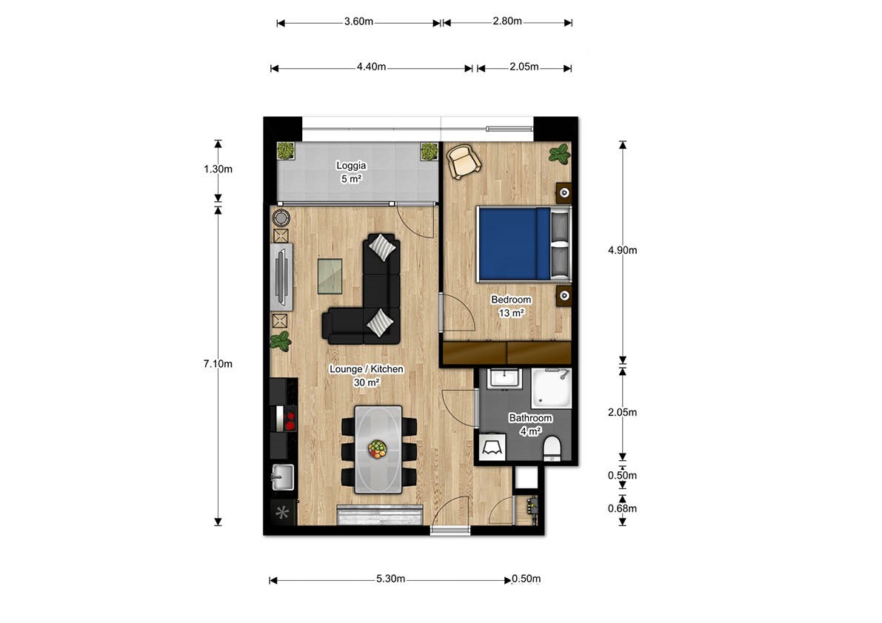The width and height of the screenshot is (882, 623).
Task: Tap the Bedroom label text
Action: (x=511, y=300)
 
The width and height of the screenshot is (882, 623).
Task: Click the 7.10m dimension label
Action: (x=218, y=364)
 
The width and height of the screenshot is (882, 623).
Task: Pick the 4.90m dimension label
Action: (x=622, y=250)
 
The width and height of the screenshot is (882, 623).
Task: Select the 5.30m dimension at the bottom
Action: (x=390, y=579)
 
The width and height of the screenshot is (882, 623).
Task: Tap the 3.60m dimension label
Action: (x=358, y=21)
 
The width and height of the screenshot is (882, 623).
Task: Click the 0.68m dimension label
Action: (x=622, y=508)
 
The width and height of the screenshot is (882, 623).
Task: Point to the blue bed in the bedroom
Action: (x=513, y=243)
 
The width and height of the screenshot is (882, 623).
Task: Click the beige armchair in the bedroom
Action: (x=464, y=161)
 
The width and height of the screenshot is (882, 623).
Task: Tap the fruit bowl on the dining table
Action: (x=378, y=449)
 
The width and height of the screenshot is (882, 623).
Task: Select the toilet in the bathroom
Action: (x=552, y=448)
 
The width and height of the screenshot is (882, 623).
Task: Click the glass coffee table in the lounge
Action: (x=330, y=275)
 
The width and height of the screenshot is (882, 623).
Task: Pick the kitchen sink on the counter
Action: (x=282, y=477)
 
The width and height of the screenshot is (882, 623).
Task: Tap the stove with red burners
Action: (x=285, y=420)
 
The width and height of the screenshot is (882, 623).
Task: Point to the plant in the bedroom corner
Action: (x=559, y=154)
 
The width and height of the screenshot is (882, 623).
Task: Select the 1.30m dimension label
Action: (x=218, y=169)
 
